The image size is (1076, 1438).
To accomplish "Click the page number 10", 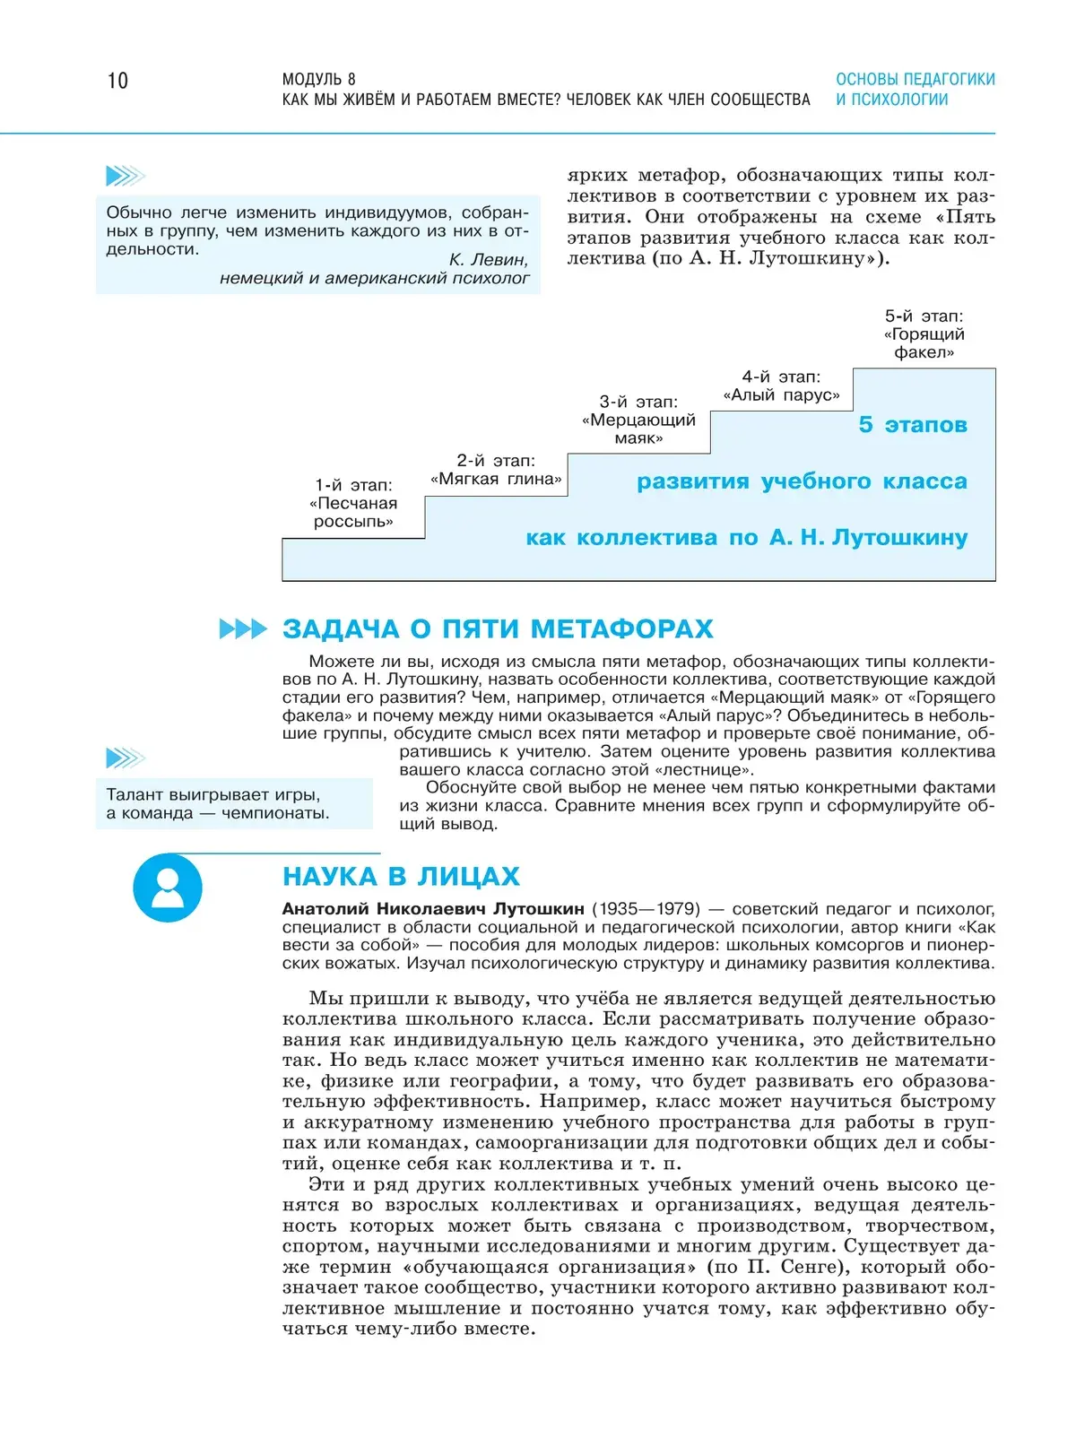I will pyautogui.click(x=117, y=82).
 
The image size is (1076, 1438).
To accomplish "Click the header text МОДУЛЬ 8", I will pyautogui.click(x=318, y=79).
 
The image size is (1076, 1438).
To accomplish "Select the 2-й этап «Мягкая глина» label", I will pyautogui.click(x=496, y=470).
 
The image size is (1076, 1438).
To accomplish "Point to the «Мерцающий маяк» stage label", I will pyautogui.click(x=638, y=420).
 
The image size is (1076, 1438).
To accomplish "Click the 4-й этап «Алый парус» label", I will pyautogui.click(x=781, y=386).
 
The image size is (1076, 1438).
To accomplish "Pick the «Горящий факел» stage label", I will pyautogui.click(x=924, y=334).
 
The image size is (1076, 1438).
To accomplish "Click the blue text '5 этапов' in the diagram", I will pyautogui.click(x=913, y=425).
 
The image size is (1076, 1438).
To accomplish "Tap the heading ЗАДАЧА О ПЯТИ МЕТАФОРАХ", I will pyautogui.click(x=498, y=629).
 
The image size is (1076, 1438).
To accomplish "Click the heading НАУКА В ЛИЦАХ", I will pyautogui.click(x=401, y=876).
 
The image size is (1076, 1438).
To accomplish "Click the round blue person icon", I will pyautogui.click(x=168, y=888).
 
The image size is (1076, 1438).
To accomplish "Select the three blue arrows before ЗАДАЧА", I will pyautogui.click(x=243, y=629).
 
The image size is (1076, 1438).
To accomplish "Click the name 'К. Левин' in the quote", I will pyautogui.click(x=488, y=260).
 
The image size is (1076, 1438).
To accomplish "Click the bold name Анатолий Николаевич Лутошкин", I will pyautogui.click(x=433, y=909).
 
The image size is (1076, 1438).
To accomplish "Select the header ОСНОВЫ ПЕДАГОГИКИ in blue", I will pyautogui.click(x=915, y=79).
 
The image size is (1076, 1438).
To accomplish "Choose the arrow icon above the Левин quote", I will pyautogui.click(x=126, y=176).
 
